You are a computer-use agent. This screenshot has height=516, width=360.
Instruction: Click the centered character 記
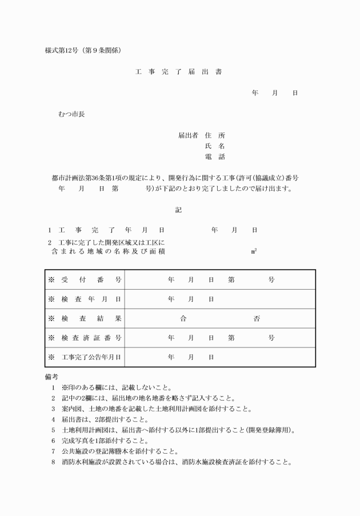click(178, 210)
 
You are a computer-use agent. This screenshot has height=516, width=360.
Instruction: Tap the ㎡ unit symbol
click(254, 251)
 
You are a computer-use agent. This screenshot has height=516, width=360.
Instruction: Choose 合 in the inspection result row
click(183, 318)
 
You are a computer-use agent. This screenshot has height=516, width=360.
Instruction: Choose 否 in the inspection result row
click(257, 318)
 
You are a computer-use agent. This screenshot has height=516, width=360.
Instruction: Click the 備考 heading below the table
click(51, 377)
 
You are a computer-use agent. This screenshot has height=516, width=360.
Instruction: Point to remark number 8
click(53, 462)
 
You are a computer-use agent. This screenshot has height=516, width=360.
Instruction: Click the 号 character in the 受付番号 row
click(271, 280)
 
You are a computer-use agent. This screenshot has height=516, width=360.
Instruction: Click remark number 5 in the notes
click(53, 430)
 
